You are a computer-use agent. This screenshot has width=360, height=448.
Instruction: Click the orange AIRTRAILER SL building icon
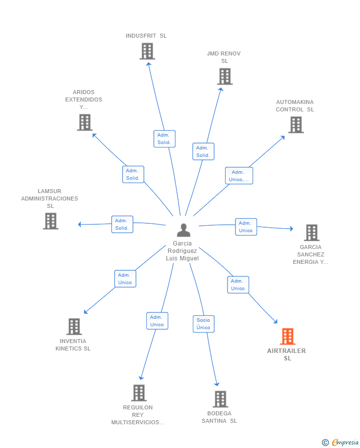coord(287,336)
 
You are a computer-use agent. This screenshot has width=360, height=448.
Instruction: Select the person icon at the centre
coord(183,230)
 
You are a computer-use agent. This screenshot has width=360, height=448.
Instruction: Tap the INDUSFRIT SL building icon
coord(147,51)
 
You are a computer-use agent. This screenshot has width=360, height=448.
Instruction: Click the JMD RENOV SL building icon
coord(225,76)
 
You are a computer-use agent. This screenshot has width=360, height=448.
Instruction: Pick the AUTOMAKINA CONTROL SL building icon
coord(296,125)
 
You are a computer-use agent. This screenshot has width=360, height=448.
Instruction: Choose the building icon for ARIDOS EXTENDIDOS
coord(85,122)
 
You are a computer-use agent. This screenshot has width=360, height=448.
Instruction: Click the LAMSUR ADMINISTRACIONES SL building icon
coord(51,221)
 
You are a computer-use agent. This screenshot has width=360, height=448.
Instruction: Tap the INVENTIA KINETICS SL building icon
coord(74,327)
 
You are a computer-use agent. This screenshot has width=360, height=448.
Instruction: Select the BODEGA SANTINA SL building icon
coord(221,399)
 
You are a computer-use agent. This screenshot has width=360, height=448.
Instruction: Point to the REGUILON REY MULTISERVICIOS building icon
coord(139,393)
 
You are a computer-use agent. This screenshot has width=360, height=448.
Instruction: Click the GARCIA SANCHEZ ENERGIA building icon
coord(312,233)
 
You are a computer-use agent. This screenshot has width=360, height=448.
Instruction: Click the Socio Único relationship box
coord(204,324)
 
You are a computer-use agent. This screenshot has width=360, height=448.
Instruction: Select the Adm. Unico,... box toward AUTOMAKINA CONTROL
coord(239,176)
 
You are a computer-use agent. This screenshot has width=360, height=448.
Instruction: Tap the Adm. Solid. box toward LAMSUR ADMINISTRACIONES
coord(122,224)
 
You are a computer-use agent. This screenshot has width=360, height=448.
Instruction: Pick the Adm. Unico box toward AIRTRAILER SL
coord(238,285)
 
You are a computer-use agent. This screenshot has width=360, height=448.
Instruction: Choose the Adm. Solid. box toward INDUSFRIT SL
coord(165,139)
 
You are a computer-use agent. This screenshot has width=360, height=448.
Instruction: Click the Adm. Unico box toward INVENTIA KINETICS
coord(125,279)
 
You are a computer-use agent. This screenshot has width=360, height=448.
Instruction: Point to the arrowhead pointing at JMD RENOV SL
coord(221,90)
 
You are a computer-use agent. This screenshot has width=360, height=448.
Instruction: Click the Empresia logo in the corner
coord(340,442)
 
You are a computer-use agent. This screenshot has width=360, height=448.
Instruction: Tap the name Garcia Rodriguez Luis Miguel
coord(182,251)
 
